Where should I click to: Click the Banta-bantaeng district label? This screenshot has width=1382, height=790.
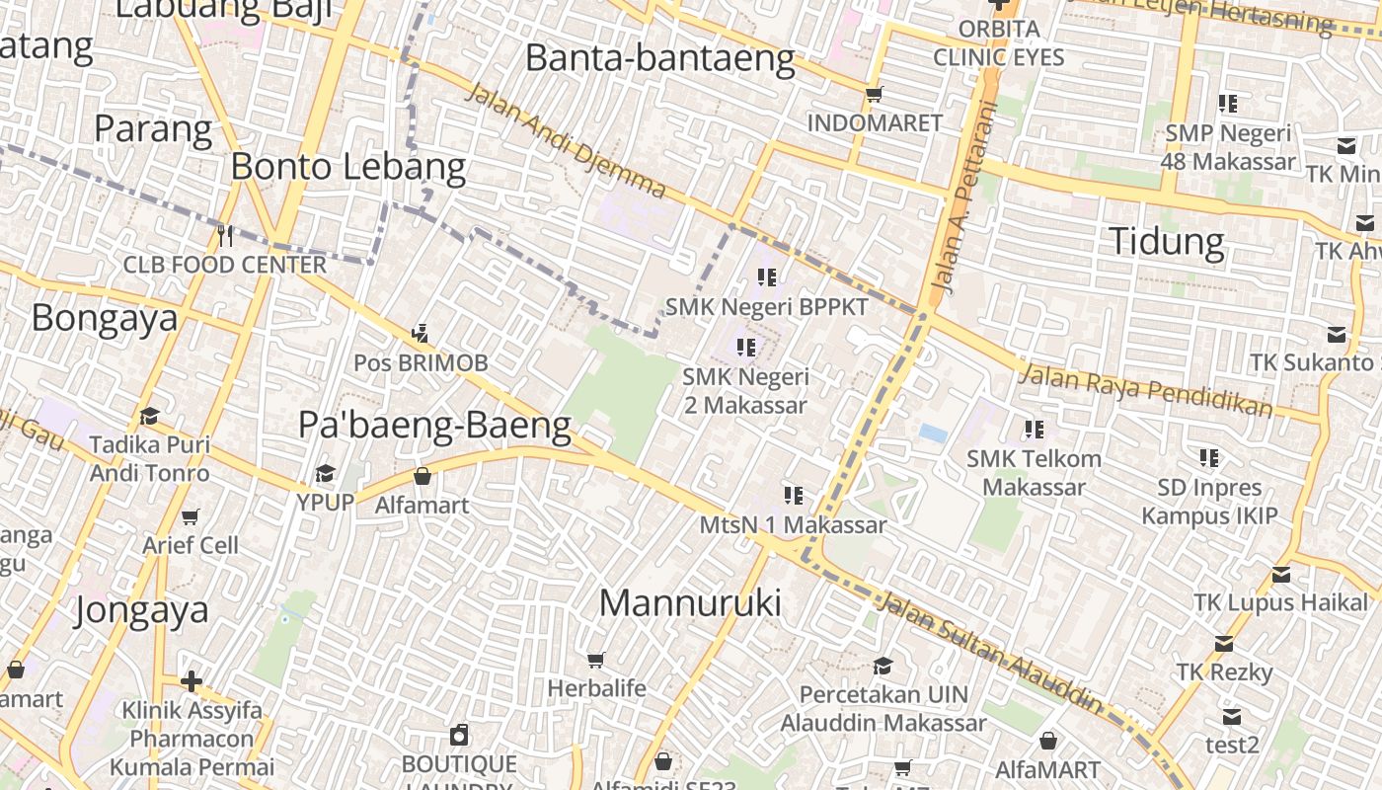click(x=659, y=58)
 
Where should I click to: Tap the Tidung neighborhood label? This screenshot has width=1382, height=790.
click(x=1166, y=241)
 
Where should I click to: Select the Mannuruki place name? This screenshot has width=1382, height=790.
click(x=690, y=602)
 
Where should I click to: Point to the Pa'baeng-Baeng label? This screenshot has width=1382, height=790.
click(x=434, y=425)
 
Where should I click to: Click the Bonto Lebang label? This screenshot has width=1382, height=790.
click(x=347, y=167)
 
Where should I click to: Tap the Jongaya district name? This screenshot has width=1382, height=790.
click(x=141, y=609)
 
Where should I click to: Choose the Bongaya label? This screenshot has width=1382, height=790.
click(x=105, y=318)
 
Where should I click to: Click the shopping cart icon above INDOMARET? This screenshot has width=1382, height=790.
click(x=874, y=95)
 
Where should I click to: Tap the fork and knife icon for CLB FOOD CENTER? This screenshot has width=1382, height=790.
click(x=225, y=235)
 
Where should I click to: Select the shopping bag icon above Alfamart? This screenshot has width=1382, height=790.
click(x=422, y=476)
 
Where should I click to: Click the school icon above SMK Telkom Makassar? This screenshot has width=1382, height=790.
click(x=1034, y=429)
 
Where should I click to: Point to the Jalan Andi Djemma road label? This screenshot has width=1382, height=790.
click(x=565, y=140)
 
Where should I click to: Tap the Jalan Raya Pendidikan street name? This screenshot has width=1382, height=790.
click(x=1145, y=389)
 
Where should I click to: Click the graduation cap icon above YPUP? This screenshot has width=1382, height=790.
click(x=325, y=473)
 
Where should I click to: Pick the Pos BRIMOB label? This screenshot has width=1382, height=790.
click(x=421, y=362)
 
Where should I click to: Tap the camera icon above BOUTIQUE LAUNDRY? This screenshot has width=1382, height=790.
click(x=459, y=735)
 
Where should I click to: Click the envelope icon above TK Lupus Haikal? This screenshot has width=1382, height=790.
click(x=1280, y=574)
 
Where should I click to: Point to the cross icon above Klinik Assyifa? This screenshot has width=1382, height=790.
click(x=192, y=681)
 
